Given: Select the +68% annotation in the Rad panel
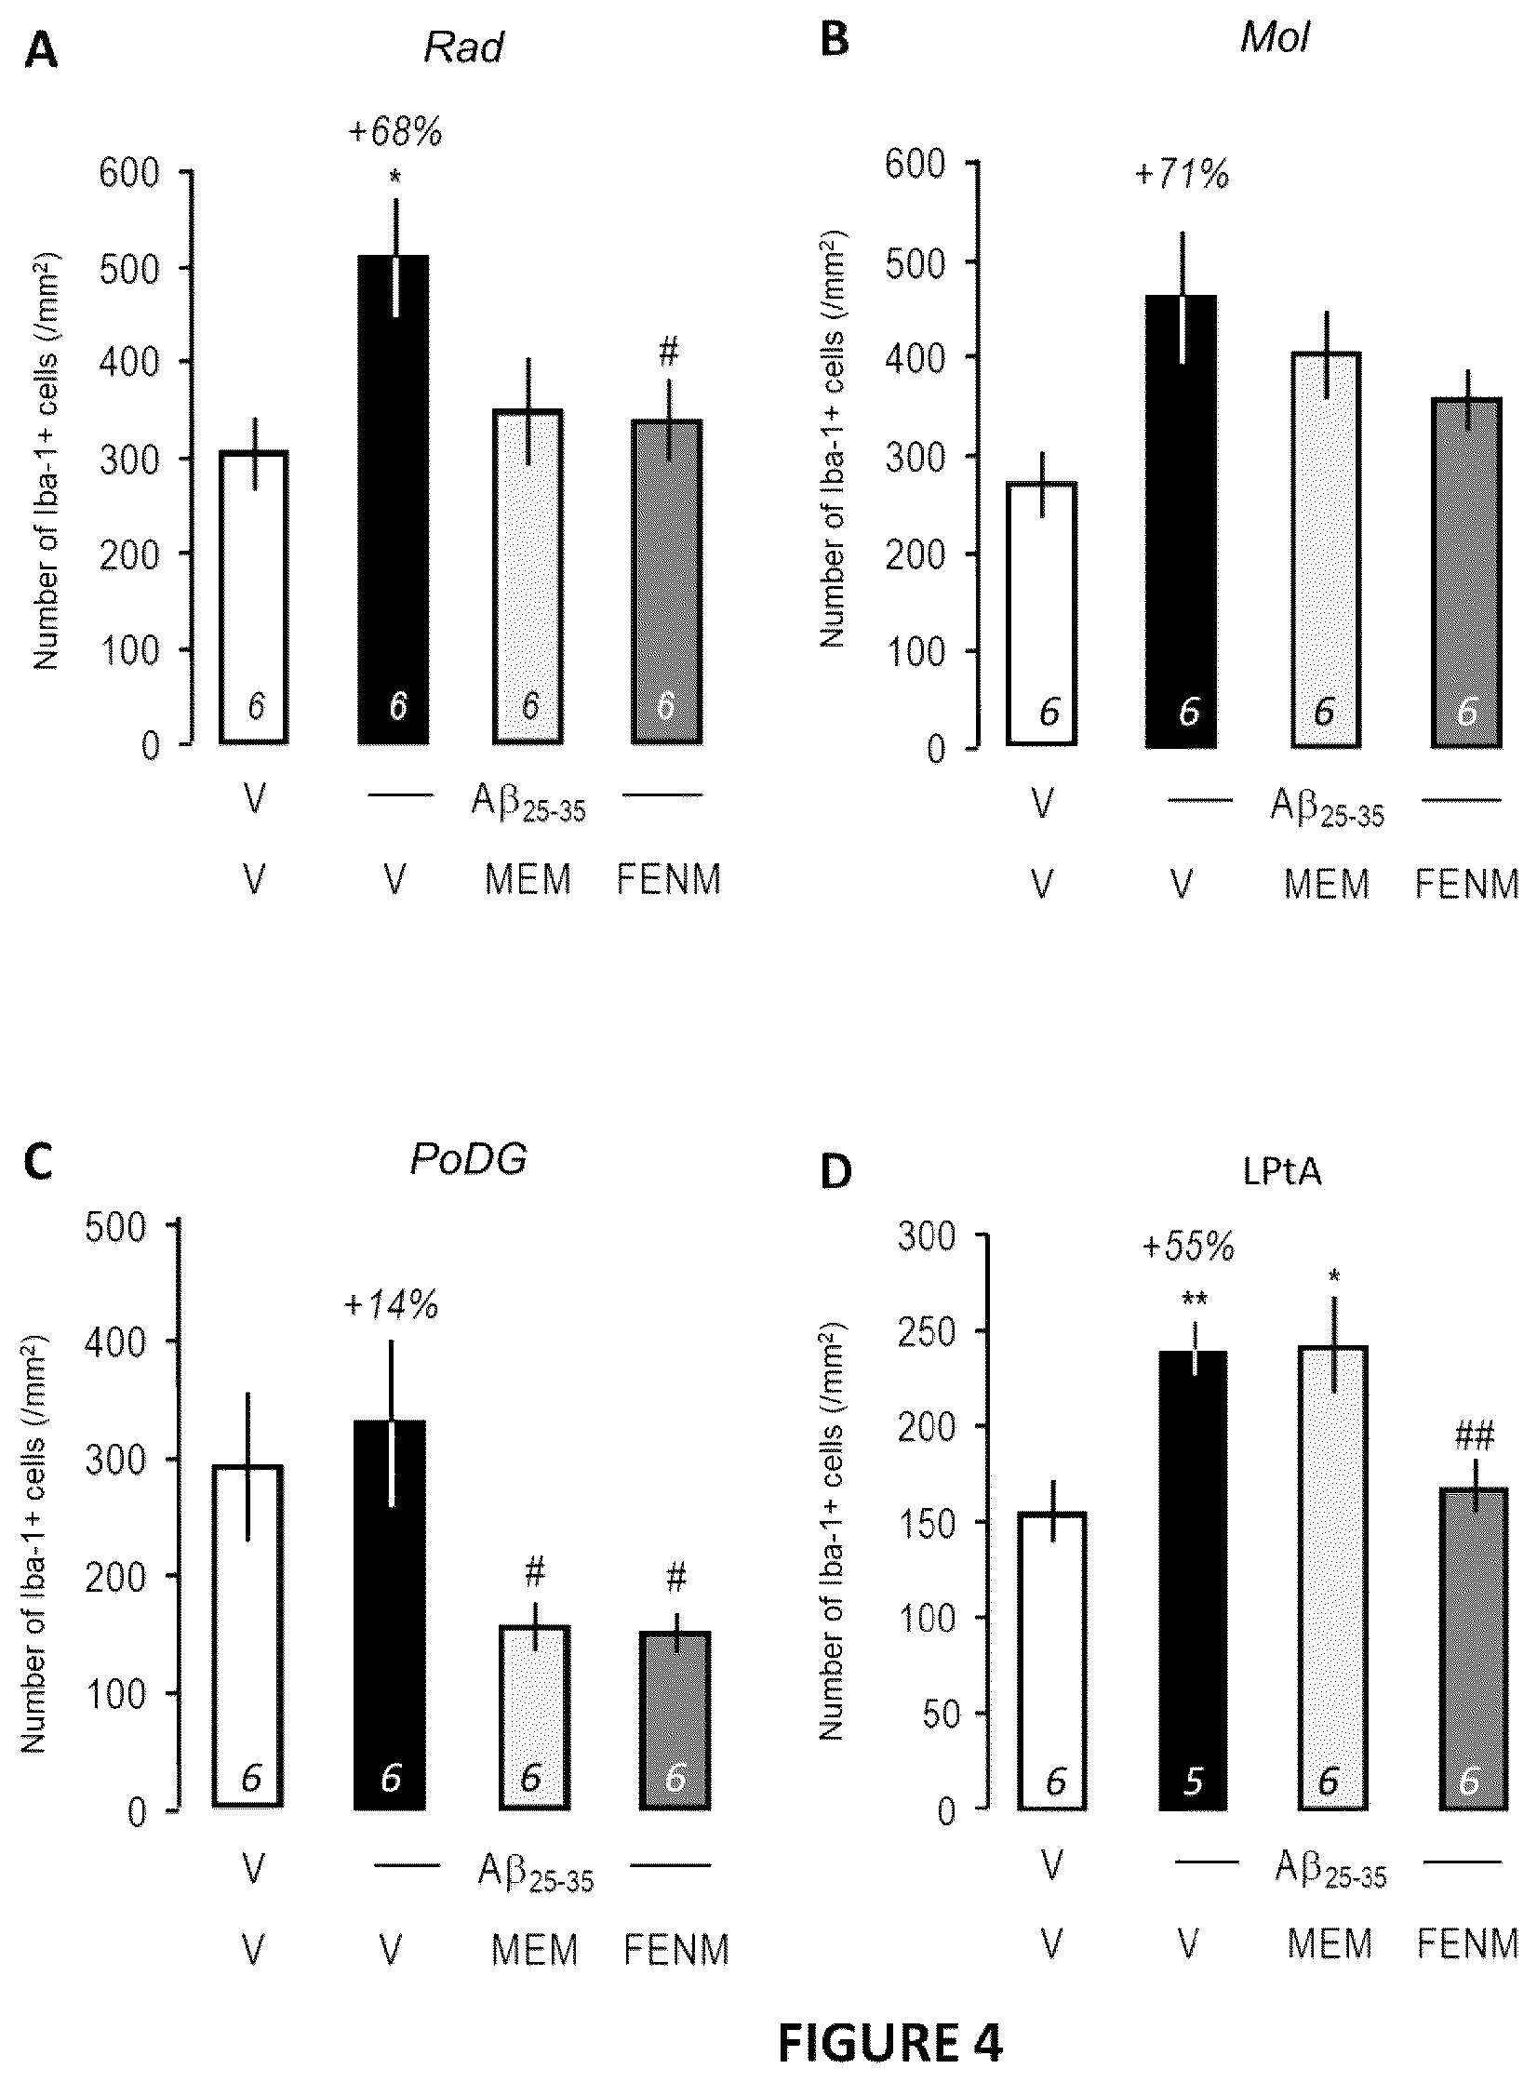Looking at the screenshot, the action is [395, 133].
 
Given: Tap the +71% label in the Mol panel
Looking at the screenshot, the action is [1183, 174].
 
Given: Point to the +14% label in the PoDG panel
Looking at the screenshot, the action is [391, 1305].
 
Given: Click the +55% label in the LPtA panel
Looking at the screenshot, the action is [1188, 1247].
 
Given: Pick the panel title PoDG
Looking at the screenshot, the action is [469, 1159].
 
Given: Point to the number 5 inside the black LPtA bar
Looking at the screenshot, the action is [1193, 1781].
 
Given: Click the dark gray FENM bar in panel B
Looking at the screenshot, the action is [1466, 572].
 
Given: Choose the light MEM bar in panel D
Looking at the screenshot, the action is [1331, 1578].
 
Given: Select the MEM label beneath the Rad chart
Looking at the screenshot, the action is [528, 880].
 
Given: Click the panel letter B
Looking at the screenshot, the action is [835, 44].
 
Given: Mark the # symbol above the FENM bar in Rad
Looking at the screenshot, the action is [669, 352].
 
